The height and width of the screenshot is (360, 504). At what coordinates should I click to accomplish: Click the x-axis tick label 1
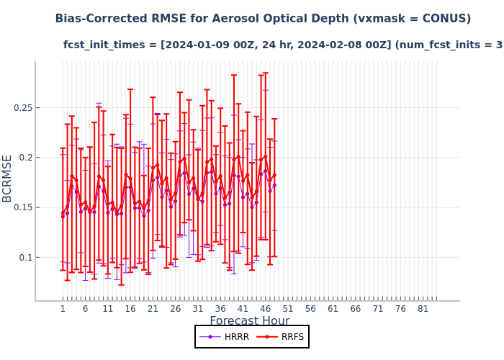click(x=63, y=309)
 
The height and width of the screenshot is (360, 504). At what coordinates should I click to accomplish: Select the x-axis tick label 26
click(x=175, y=309)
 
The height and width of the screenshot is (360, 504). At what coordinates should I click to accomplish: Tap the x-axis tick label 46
click(x=265, y=309)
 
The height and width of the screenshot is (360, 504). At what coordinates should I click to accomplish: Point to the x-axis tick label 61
click(x=333, y=309)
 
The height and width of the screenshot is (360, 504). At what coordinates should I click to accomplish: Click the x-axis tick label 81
click(x=423, y=309)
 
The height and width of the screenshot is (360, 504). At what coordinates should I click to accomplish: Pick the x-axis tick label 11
click(x=108, y=309)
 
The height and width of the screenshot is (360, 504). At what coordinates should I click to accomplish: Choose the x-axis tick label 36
click(x=220, y=309)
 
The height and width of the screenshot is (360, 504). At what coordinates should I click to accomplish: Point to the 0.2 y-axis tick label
click(x=22, y=158)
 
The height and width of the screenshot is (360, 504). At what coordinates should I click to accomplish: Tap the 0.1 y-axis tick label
click(x=22, y=257)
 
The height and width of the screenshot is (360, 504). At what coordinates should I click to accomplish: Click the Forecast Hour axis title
click(x=250, y=321)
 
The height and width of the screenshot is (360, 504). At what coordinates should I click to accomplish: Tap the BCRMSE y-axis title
click(x=8, y=179)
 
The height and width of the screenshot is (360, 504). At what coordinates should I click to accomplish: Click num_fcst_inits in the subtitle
click(x=446, y=45)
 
